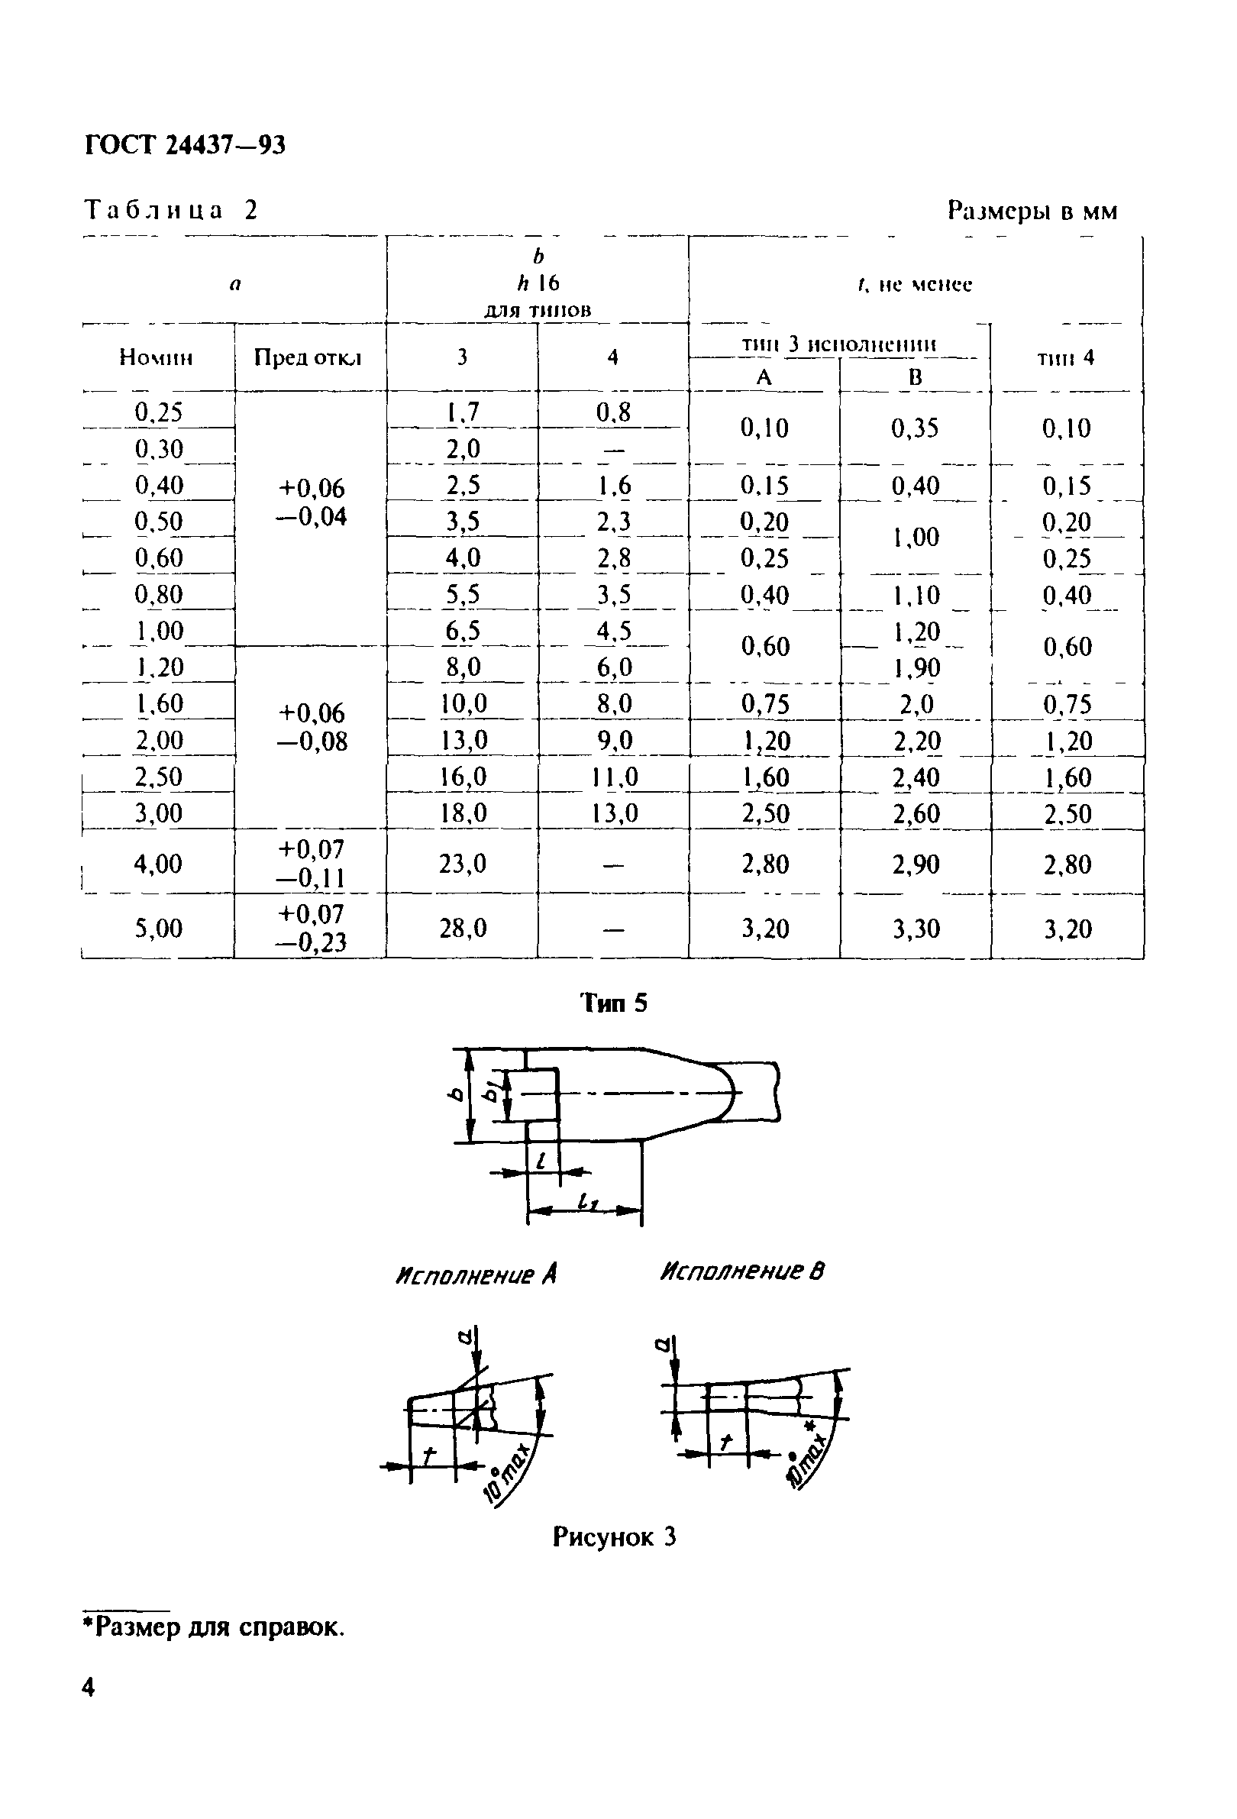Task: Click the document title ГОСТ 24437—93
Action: pyautogui.click(x=185, y=145)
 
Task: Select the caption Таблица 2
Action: pyautogui.click(x=170, y=210)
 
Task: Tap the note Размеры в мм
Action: pyautogui.click(x=1032, y=211)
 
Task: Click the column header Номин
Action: pyautogui.click(x=156, y=357)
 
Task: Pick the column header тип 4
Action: pyautogui.click(x=1066, y=358)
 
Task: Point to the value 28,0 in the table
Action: pyautogui.click(x=463, y=929)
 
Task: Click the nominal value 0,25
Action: pyautogui.click(x=158, y=412)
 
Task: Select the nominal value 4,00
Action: pyautogui.click(x=158, y=864)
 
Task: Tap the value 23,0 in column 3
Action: pyautogui.click(x=463, y=864)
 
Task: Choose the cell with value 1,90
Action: pyautogui.click(x=916, y=667)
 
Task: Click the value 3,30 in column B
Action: pyautogui.click(x=916, y=929)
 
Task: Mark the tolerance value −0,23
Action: pyautogui.click(x=311, y=942)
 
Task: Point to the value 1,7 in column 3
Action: pyautogui.click(x=463, y=412)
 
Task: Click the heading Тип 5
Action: pyautogui.click(x=613, y=1003)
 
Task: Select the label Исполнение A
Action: pyautogui.click(x=476, y=1276)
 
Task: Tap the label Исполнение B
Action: pyautogui.click(x=741, y=1271)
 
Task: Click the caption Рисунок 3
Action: pyautogui.click(x=614, y=1537)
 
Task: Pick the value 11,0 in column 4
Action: pyautogui.click(x=614, y=777)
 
